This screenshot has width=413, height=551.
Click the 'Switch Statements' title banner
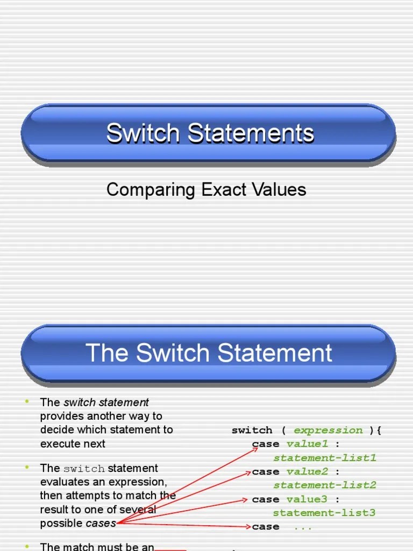pos(210,133)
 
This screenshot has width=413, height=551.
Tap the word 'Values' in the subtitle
pos(280,189)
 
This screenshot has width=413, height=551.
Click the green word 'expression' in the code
pos(328,430)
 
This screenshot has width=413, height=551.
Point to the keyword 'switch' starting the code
pos(252,430)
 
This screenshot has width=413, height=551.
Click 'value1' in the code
pos(307,444)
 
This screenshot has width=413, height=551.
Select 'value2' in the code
pos(307,471)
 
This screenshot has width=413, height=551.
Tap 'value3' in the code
pos(307,499)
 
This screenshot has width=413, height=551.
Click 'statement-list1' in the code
pos(324,458)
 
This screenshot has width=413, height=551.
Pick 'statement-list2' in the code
pos(324,485)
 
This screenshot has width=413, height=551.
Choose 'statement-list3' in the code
pos(324,513)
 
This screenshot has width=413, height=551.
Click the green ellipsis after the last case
pos(303,527)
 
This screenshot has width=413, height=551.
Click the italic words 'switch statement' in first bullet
pos(106,402)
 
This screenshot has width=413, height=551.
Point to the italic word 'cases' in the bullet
pos(101,523)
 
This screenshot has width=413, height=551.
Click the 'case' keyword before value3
pos(266,499)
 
